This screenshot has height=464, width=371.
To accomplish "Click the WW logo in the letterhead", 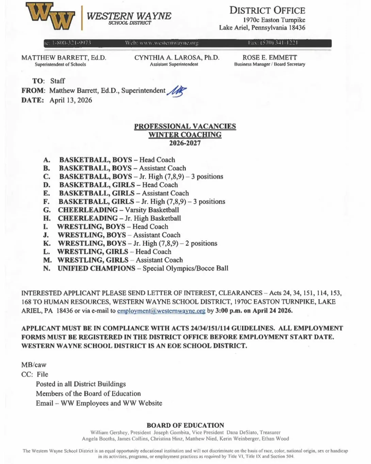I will point(50,16).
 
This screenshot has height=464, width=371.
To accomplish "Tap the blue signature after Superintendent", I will point(177,91).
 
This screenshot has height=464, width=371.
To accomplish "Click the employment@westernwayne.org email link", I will point(161,311).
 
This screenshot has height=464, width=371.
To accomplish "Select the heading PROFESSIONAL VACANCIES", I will point(185,126).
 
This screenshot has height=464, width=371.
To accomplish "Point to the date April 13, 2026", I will point(71,100).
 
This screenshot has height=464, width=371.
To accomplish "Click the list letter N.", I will point(47,269).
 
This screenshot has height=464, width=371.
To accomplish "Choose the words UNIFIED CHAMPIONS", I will point(96,268).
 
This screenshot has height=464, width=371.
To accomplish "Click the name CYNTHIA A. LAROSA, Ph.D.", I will point(177,58).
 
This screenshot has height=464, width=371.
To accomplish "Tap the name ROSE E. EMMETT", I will point(270,58).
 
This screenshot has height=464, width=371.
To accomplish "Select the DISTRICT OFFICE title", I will point(267,10).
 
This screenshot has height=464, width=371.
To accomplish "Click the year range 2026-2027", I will point(185,143).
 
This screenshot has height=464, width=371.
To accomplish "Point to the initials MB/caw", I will point(34,365).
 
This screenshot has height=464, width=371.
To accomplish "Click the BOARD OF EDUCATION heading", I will point(185,425).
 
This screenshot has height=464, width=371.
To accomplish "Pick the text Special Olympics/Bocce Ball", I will point(185,268).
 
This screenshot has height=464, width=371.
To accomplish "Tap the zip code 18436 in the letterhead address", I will point(297,28).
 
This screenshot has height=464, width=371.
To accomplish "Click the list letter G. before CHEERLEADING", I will point(47,210).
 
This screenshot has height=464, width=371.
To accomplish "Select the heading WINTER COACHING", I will point(185,135).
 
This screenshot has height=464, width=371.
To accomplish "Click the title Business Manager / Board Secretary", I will point(270,64).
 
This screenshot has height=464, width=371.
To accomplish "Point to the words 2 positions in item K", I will point(201,243).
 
